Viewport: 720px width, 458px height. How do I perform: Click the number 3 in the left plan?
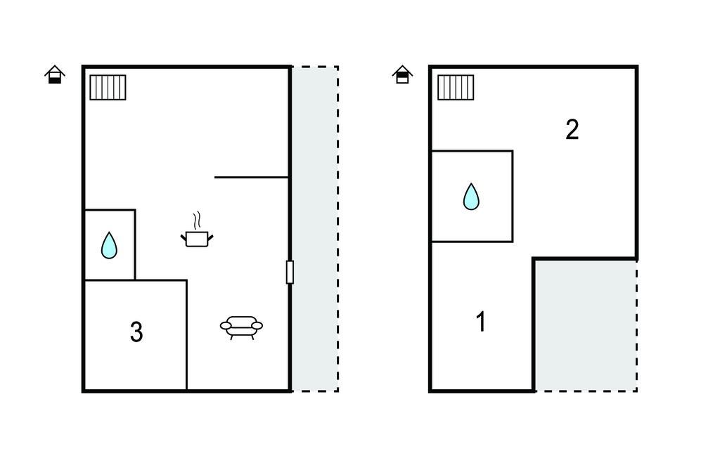pos(136,332)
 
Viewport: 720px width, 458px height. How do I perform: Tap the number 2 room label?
pos(572,129)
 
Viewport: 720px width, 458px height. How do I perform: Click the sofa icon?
pos(241,327)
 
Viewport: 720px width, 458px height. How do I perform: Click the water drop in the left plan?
pos(109,246)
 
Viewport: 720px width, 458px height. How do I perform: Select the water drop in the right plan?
pos(471,197)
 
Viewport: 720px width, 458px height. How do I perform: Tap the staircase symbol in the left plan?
pos(108,87)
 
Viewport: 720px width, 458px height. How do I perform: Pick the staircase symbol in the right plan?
pos(456,87)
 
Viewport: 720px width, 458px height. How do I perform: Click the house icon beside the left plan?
pos(55,74)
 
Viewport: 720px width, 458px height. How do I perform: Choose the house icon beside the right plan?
pos(402,74)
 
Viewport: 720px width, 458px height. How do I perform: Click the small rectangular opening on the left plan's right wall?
pos(290,272)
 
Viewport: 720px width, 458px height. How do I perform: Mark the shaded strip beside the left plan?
pos(315,229)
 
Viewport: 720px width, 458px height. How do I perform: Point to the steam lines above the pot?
pos(198,221)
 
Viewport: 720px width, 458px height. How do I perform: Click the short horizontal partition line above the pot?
pos(251,177)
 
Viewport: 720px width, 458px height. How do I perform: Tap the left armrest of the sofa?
pos(226,326)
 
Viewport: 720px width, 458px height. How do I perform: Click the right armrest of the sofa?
pos(257,326)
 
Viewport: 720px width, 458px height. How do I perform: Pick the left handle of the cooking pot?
pos(184,237)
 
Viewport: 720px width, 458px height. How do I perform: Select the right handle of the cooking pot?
pos(211,237)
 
